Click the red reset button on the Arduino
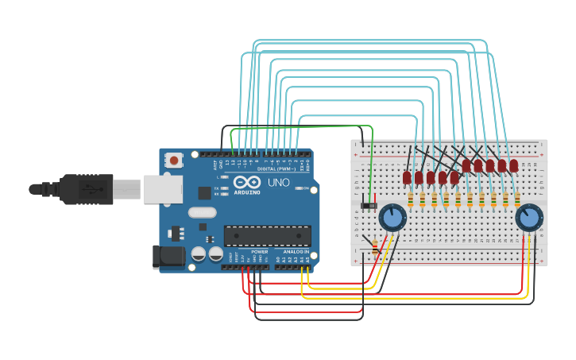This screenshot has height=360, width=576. (174, 160)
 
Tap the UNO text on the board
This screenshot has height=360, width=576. (278, 183)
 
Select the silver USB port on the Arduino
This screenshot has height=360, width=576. (162, 189)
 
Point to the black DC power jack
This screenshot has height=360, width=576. (168, 256)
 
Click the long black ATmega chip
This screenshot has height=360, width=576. (267, 235)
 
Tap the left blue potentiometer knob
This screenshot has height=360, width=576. (392, 217)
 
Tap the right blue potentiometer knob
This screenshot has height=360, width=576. (528, 217)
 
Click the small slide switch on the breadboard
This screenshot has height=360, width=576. (369, 206)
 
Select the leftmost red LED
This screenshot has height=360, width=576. (407, 178)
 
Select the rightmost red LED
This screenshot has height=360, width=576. (514, 165)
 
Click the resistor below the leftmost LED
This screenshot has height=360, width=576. (410, 199)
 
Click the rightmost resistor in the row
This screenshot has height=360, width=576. (517, 199)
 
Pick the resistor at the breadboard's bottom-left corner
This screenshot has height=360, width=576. (375, 249)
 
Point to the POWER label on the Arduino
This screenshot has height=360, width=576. (259, 250)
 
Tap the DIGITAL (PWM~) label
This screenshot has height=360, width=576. (276, 168)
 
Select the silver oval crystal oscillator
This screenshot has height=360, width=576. (203, 212)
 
